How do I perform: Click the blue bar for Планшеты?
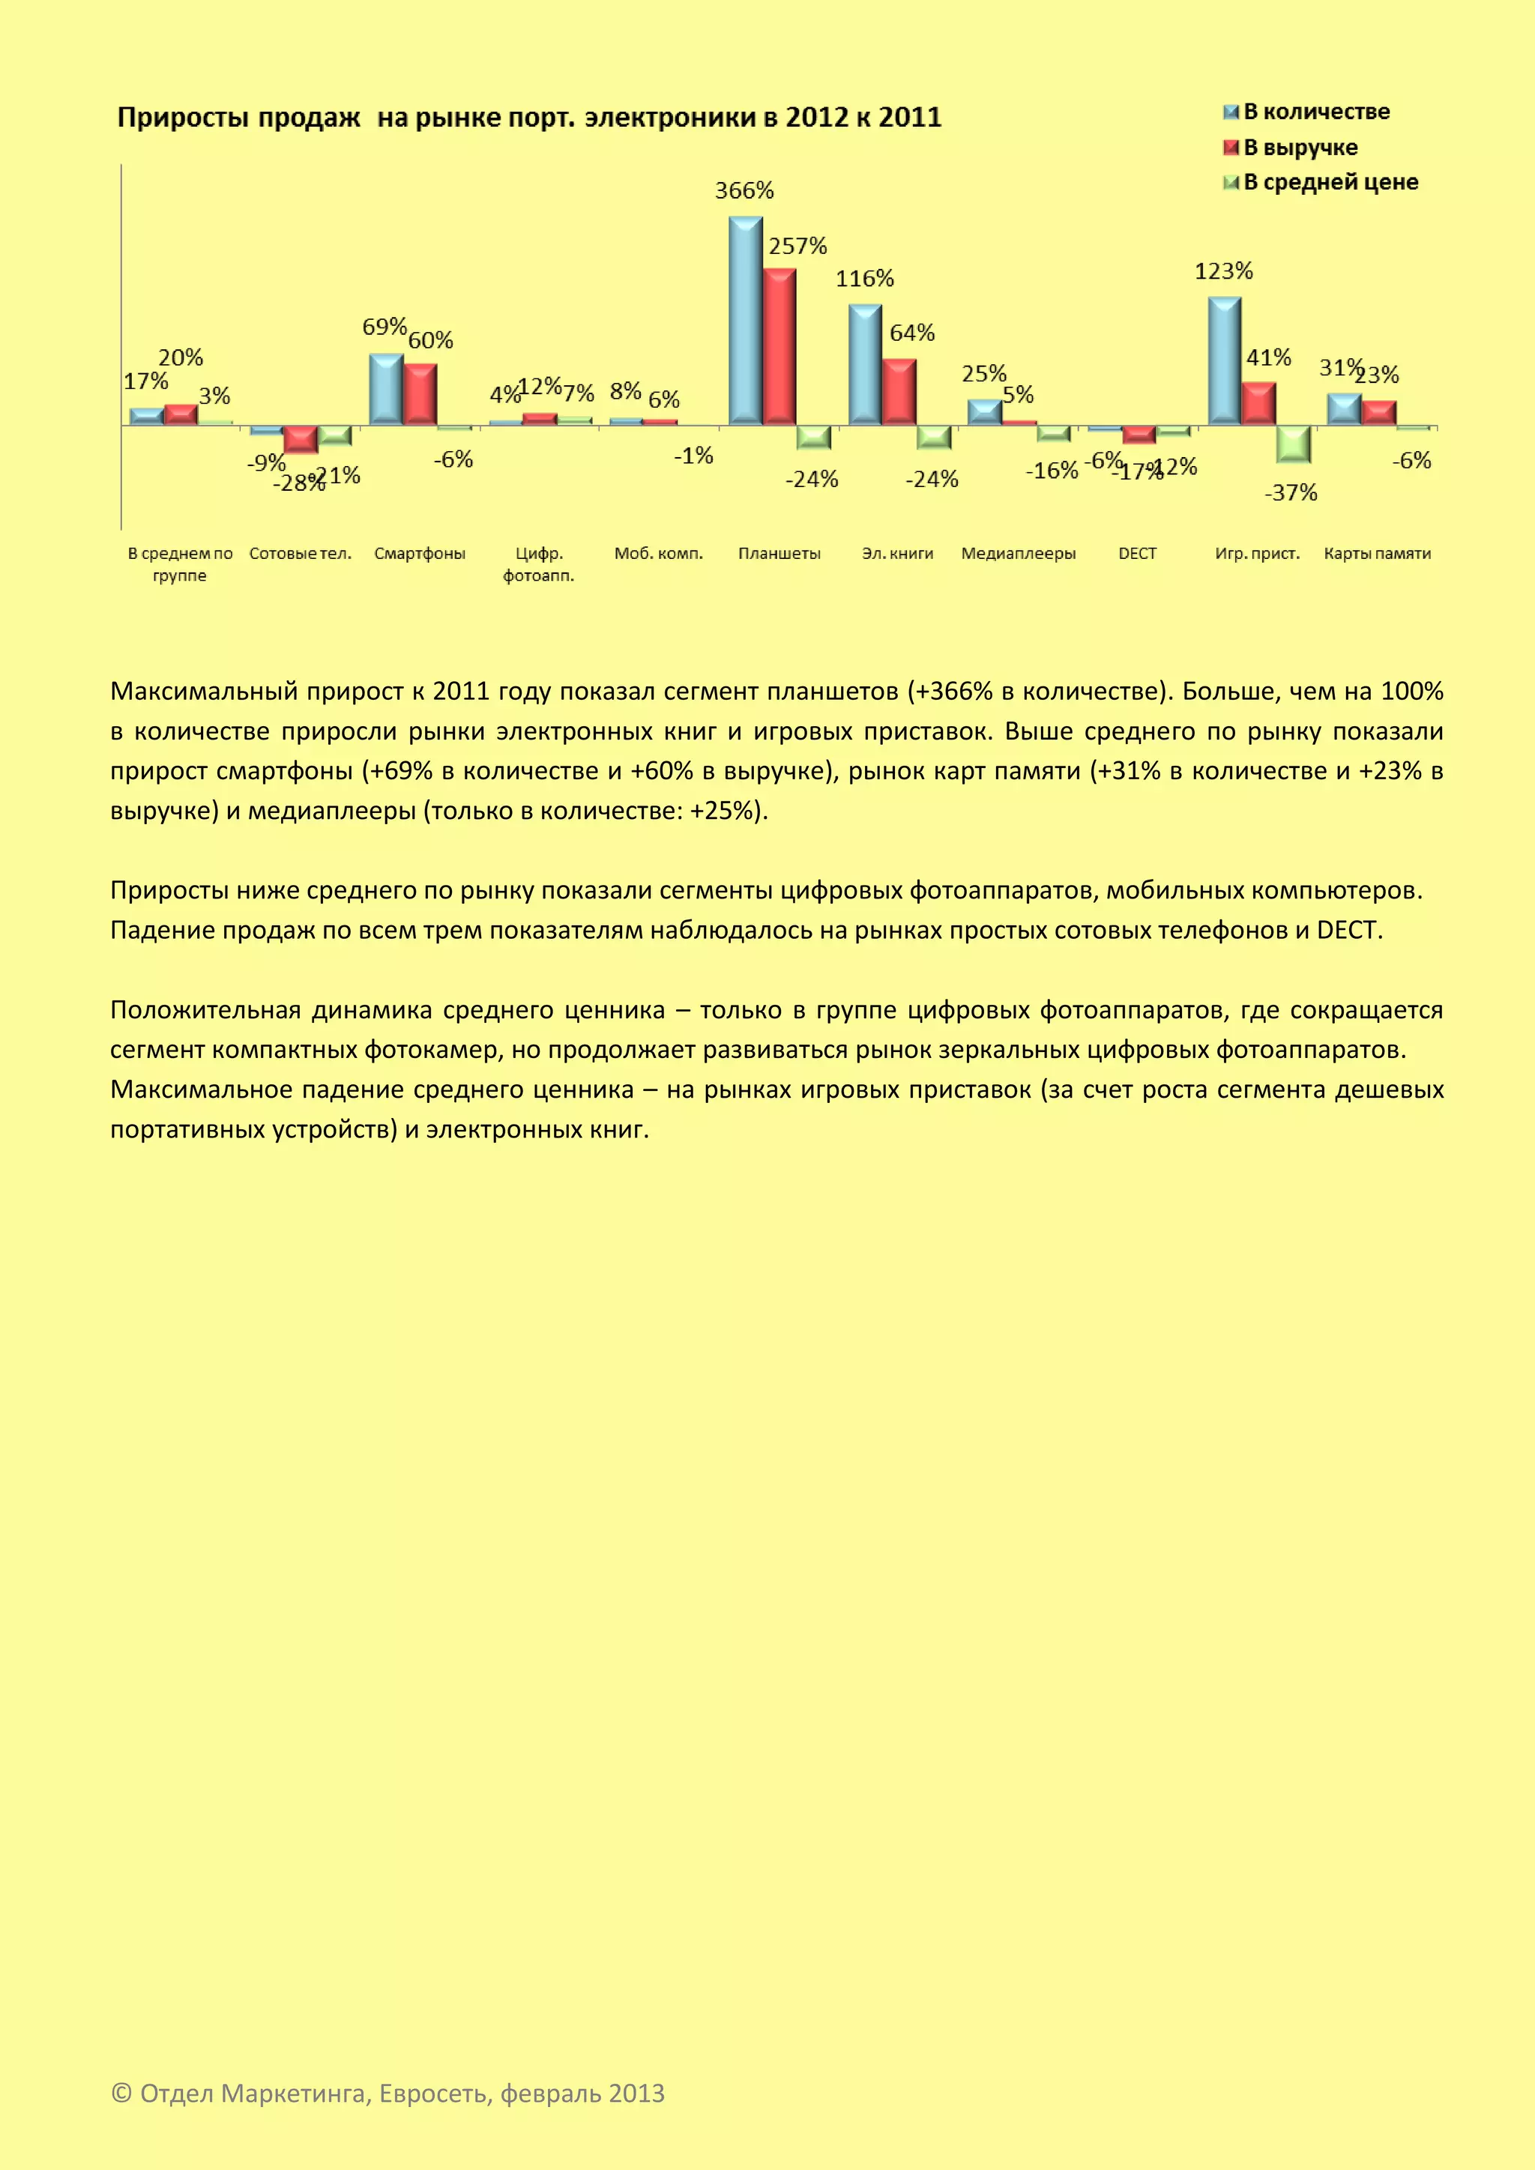click(745, 321)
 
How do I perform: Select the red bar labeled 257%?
click(779, 347)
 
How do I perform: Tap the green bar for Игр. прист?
click(1293, 444)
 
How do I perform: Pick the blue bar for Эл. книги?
click(865, 365)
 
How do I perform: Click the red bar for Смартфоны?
click(420, 394)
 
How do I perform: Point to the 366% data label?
click(744, 191)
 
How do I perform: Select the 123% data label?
click(1223, 272)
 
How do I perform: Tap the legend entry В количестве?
click(1315, 112)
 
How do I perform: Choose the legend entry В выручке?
click(1300, 148)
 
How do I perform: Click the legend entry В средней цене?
click(1330, 182)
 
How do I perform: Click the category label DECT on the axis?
click(1137, 554)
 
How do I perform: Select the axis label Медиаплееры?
click(1018, 554)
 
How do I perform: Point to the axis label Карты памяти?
click(1376, 554)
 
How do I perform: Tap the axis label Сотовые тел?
click(300, 554)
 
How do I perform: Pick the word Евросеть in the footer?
click(435, 2094)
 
